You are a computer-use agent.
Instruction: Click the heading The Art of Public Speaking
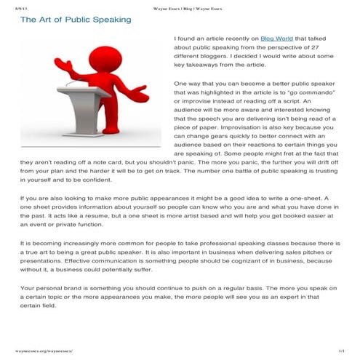click(x=76, y=20)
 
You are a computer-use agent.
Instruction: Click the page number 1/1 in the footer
click(x=341, y=351)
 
